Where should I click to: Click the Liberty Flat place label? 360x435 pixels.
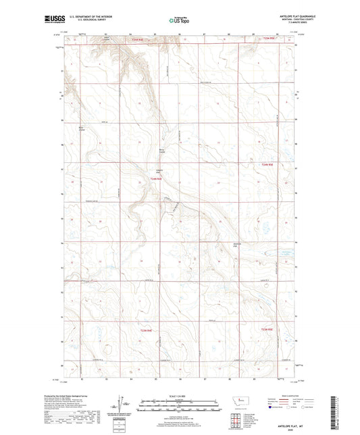click(160, 171)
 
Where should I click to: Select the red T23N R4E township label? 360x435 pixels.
click(146, 330)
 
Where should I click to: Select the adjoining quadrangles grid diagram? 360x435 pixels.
click(234, 417)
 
